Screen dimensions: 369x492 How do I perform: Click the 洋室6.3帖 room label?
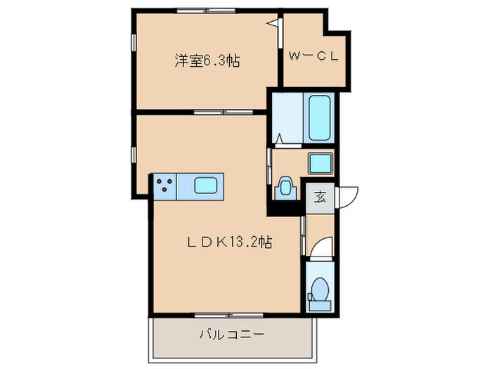[207, 60]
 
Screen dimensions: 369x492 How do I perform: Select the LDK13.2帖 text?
[229, 242]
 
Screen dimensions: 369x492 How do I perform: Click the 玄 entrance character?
[320, 196]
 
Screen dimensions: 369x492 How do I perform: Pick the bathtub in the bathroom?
[320, 117]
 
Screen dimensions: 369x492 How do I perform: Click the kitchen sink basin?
[208, 186]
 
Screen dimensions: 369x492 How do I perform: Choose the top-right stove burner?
[169, 182]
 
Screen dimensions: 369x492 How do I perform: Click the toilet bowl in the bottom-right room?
[320, 288]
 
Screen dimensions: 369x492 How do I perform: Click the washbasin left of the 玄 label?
[285, 187]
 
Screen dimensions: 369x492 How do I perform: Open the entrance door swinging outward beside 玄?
[349, 195]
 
